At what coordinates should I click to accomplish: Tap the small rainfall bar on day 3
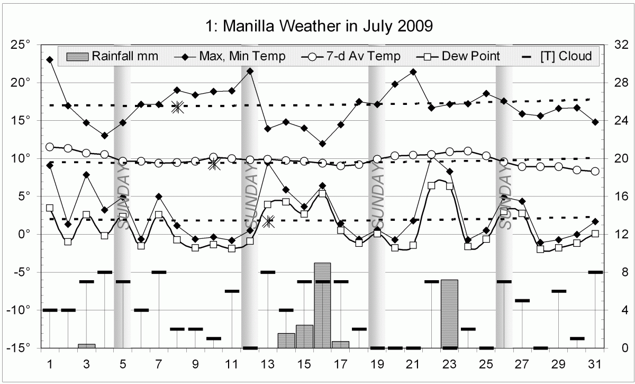pos(86,346)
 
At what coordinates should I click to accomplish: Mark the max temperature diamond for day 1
pos(50,59)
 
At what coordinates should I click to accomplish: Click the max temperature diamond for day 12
pos(250,71)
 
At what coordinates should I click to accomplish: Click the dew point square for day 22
pos(431,185)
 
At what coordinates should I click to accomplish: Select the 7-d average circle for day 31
pos(595,171)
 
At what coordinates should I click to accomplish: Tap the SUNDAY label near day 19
pos(377,196)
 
